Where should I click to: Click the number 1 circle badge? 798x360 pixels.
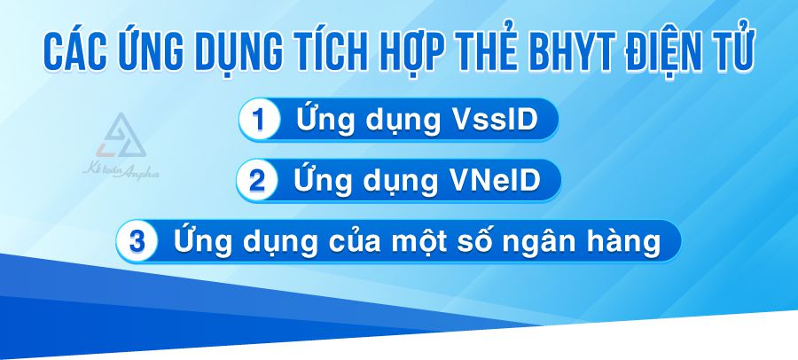click(260, 120)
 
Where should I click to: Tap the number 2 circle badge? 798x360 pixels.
click(257, 181)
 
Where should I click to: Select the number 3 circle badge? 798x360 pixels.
click(137, 241)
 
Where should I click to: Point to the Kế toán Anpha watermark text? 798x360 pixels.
click(121, 171)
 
